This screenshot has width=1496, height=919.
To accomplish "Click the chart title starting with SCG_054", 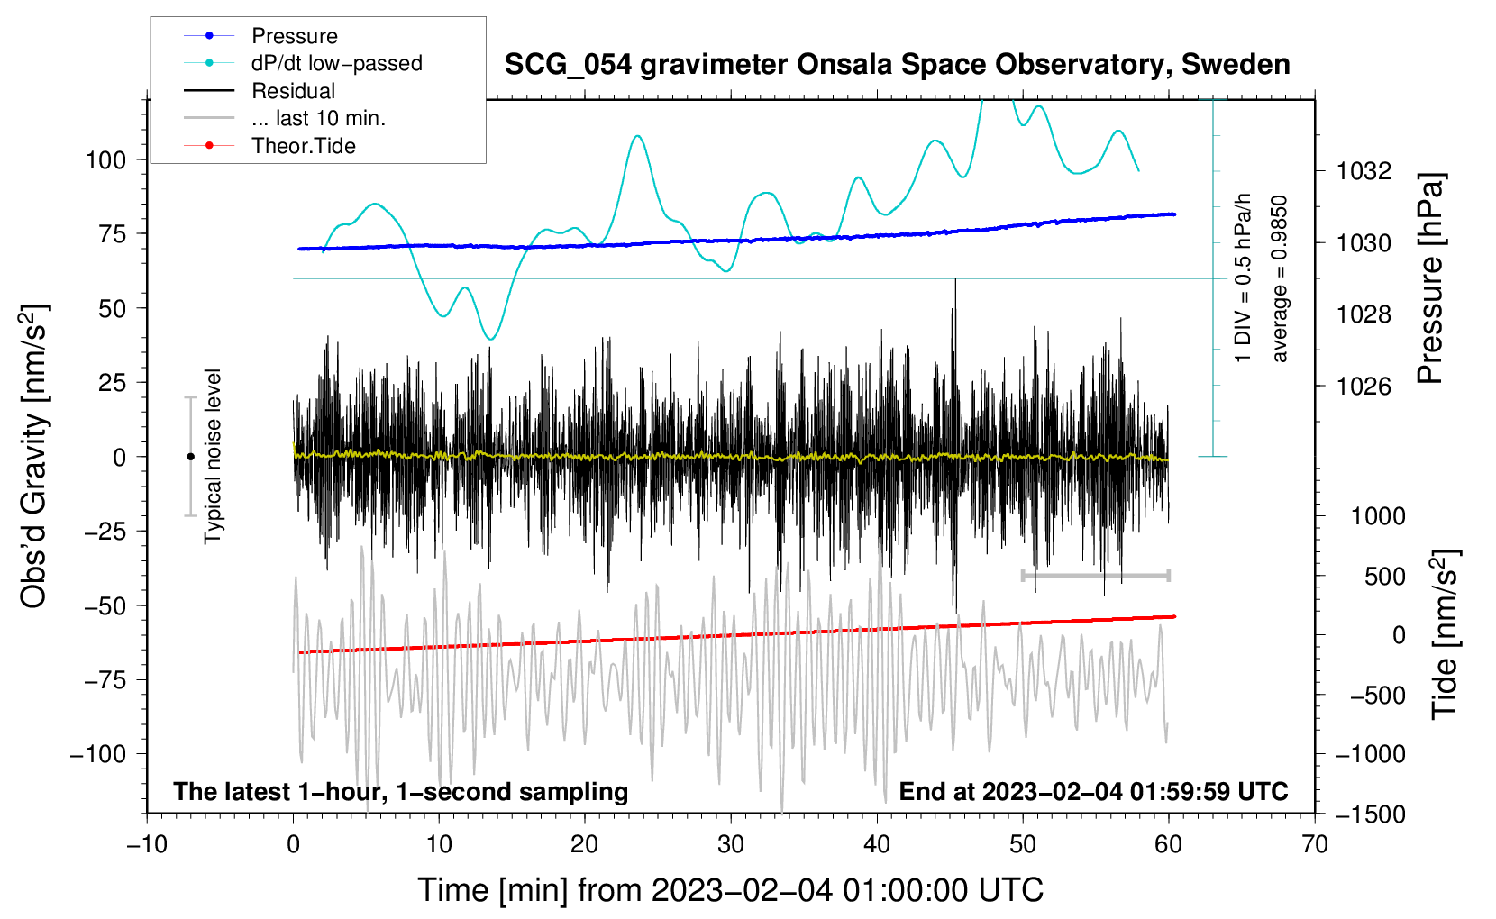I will (x=897, y=65).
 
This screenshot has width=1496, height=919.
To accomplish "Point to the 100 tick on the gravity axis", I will (x=105, y=160).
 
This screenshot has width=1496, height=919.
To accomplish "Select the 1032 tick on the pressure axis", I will (x=1364, y=171).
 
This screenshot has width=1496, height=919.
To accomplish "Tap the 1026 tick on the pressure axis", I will (x=1364, y=387).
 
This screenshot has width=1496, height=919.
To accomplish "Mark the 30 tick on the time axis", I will (x=731, y=844).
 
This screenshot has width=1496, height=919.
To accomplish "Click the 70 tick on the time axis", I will (x=1315, y=844).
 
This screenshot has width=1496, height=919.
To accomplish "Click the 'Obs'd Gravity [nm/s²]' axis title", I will (x=34, y=456).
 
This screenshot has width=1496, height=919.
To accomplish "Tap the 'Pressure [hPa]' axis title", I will (x=1430, y=279).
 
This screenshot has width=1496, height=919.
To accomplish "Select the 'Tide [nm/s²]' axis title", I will (x=1445, y=634).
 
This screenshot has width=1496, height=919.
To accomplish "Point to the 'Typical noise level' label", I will (x=213, y=456).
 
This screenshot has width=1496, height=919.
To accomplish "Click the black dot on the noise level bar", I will (x=190, y=457).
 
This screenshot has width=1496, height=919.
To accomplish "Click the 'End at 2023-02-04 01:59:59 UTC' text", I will (x=1093, y=791).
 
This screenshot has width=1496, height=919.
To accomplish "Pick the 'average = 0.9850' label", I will (x=1280, y=279).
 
